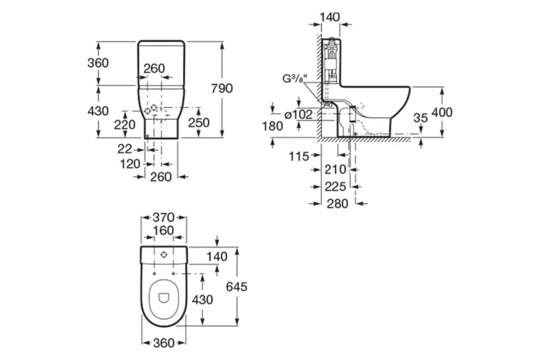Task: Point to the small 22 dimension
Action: pyautogui.click(x=126, y=148)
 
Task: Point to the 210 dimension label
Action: pyautogui.click(x=336, y=171)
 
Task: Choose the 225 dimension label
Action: pyautogui.click(x=336, y=186)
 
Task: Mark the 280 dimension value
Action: pyautogui.click(x=336, y=203)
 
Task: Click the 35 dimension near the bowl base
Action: pyautogui.click(x=421, y=117)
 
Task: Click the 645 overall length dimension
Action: pyautogui.click(x=235, y=287)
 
